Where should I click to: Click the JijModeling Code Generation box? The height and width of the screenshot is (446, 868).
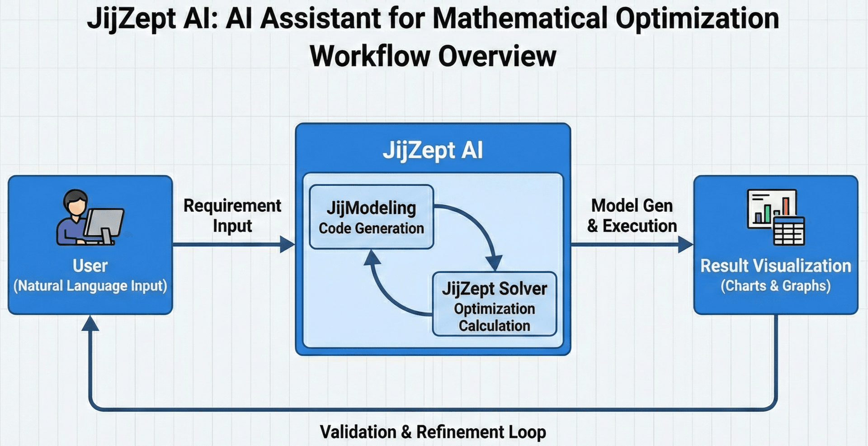[x=371, y=217]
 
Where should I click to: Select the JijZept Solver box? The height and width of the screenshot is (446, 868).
[x=494, y=304]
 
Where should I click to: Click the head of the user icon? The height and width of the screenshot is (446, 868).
[x=75, y=201]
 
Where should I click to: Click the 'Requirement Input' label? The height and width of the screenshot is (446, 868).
[x=232, y=215]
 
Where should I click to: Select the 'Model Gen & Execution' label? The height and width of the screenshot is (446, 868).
[x=632, y=215]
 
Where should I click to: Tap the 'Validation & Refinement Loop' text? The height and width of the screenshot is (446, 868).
[x=433, y=432]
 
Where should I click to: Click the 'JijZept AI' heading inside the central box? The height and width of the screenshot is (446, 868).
[x=433, y=150]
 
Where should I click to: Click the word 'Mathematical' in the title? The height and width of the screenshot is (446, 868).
[x=520, y=19]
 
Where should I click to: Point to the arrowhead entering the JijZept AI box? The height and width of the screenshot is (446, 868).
[x=288, y=244]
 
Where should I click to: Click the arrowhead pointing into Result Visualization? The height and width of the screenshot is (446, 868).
[x=685, y=244]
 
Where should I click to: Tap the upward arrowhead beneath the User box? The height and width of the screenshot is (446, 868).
[x=90, y=323]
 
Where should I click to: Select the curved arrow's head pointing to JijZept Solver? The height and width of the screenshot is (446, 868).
[x=494, y=263]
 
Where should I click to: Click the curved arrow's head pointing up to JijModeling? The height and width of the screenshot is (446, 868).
[x=372, y=258]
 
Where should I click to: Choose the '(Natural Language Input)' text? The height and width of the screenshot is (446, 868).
[x=90, y=286]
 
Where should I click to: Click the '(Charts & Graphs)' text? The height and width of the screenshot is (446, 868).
[x=776, y=286]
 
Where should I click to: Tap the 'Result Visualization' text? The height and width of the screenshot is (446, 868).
[x=776, y=266]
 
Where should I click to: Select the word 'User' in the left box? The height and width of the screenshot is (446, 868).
[x=90, y=266]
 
